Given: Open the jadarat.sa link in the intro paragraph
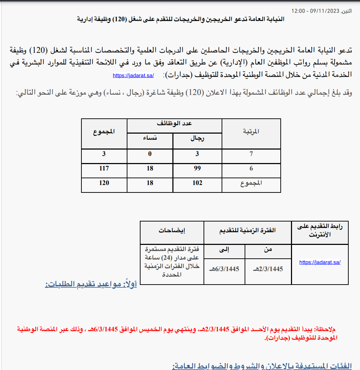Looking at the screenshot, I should point(133,75).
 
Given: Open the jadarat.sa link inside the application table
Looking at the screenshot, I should point(320,262).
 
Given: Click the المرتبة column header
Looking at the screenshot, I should point(251,132).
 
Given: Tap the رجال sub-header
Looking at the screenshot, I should point(197,139).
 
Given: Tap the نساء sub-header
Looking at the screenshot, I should point(150,139).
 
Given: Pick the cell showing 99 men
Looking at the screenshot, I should point(197,168).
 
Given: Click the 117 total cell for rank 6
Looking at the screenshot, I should point(104,168).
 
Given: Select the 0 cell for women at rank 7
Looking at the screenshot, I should point(150,154).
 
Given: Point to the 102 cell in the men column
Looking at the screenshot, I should point(197,183).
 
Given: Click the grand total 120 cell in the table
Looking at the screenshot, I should point(104,183).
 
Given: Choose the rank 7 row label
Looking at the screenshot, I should point(251,154).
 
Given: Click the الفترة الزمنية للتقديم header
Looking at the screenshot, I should point(247,231).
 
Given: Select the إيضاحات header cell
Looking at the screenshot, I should point(172,231).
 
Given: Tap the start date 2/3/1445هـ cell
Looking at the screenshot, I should point(268,269).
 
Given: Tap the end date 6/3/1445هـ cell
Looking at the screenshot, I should point(224,269).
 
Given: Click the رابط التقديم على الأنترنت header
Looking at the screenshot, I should point(320,231).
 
